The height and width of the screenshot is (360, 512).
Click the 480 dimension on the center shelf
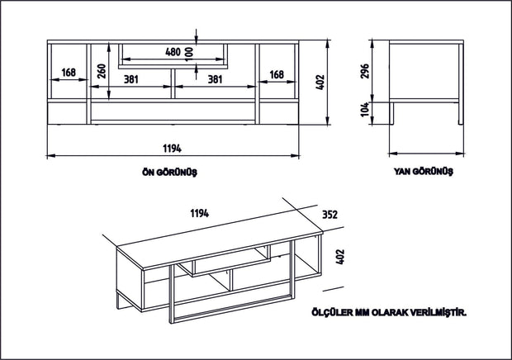(173, 52)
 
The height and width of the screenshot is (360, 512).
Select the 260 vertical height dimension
(102, 71)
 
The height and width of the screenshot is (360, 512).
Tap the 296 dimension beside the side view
(365, 71)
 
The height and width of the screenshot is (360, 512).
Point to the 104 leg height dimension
(365, 109)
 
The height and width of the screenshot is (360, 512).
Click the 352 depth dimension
(329, 215)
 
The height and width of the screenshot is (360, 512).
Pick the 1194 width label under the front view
(172, 149)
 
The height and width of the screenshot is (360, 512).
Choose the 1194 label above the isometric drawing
(200, 214)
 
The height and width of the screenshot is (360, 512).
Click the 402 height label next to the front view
(320, 82)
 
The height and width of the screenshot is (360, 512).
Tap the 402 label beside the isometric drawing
(340, 257)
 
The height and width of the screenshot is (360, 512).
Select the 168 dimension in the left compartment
(69, 72)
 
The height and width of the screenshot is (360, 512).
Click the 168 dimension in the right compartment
(277, 74)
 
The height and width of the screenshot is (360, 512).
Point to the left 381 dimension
(131, 79)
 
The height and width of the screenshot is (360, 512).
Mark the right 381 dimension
(216, 79)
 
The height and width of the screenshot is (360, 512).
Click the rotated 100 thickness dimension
(189, 52)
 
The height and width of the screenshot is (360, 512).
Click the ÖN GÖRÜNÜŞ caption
(170, 173)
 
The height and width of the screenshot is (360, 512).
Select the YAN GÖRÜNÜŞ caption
(423, 172)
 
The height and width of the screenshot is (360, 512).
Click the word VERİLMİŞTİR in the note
(438, 313)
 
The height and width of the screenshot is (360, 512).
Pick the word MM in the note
(362, 313)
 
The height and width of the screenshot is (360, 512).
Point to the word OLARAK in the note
(389, 313)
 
